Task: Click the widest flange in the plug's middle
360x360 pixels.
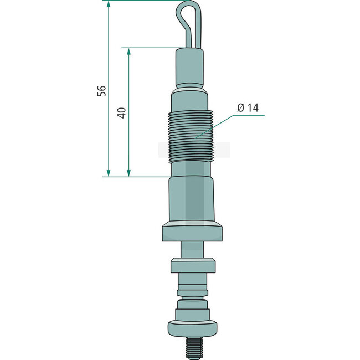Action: coord(192,232)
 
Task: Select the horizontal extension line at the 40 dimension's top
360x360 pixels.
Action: coord(150,48)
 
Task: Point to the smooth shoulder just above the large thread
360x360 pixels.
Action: coord(191,100)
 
